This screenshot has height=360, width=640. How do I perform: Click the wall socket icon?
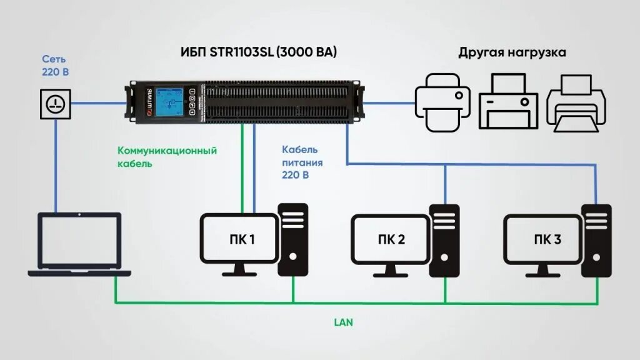[x=56, y=103]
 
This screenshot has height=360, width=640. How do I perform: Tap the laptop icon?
[x=79, y=244]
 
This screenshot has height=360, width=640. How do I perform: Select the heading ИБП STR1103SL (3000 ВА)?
[x=259, y=52]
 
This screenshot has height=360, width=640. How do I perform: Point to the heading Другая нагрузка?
[x=512, y=52]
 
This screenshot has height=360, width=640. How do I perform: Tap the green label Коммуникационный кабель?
[x=167, y=157]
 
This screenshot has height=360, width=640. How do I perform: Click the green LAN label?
[x=343, y=322]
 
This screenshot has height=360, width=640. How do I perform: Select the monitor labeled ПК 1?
[x=239, y=240]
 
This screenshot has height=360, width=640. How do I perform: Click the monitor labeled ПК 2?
[x=391, y=240]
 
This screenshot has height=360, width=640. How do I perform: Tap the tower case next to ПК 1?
[x=292, y=239]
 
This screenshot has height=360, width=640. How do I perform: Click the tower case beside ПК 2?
[x=444, y=239]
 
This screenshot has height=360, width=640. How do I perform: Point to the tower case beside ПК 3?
[x=596, y=239]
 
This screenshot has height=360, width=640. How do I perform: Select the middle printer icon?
[x=508, y=101]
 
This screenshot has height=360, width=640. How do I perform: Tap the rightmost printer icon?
[x=576, y=102]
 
